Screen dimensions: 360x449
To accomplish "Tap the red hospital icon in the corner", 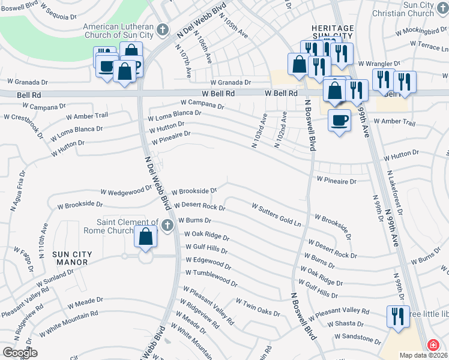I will [x=432, y=345].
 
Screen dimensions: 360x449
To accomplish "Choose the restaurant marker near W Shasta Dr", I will [x=397, y=316].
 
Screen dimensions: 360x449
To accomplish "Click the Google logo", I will [x=20, y=352].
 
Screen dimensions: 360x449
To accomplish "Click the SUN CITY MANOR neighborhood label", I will [x=72, y=259].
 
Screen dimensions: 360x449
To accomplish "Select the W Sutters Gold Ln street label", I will [x=277, y=214].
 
